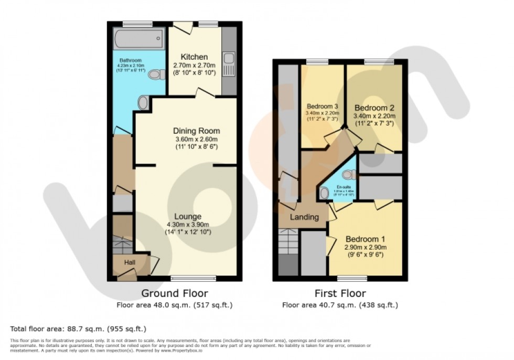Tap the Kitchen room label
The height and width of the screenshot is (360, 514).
click(194, 57)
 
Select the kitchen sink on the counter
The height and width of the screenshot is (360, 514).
click(229, 65)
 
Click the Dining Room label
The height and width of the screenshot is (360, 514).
click(196, 131)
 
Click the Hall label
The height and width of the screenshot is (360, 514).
click(130, 262)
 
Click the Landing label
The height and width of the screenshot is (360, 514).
click(304, 217)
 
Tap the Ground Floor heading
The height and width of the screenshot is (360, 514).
click(175, 293)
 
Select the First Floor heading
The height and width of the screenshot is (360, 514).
click(340, 293)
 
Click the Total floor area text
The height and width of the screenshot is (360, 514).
click(78, 329)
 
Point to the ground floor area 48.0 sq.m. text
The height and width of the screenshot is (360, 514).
click(175, 304)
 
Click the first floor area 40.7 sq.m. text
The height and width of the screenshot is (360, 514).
click(340, 304)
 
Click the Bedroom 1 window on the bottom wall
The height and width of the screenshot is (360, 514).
click(359, 278)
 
